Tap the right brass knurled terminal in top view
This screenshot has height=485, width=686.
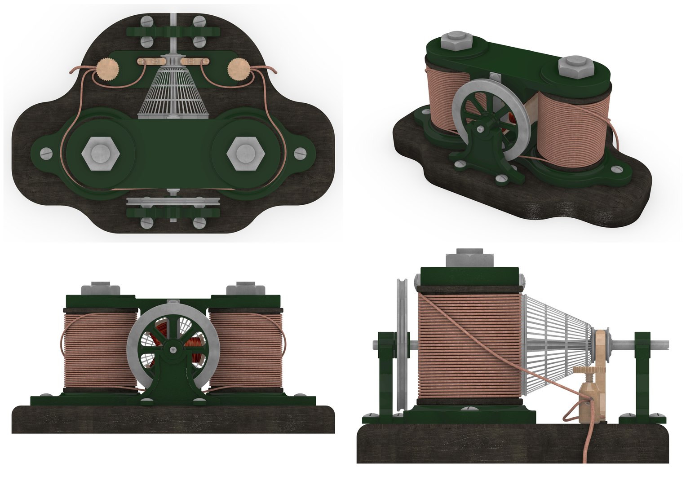(238, 70)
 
